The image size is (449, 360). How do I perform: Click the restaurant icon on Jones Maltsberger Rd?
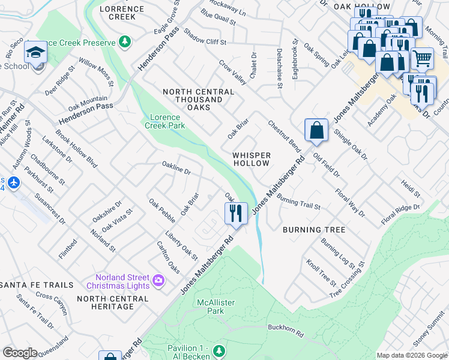tap(236, 212)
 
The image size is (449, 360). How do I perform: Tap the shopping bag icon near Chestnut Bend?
tap(316, 130)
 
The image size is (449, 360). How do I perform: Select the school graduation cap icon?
tap(36, 53)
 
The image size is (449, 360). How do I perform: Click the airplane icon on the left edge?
tap(14, 182)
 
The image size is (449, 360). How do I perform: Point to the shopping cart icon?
tap(423, 58)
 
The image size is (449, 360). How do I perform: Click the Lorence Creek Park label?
tap(164, 121)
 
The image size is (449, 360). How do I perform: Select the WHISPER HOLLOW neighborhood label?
tap(252, 159)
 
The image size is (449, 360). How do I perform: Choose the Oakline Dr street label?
tap(176, 167)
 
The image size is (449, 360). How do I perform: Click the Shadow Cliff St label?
tap(205, 37)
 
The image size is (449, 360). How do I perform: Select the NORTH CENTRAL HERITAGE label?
tap(106, 302)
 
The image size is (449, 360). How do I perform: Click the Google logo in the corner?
tap(20, 353)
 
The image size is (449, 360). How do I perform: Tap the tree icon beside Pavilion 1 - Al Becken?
tap(220, 349)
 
